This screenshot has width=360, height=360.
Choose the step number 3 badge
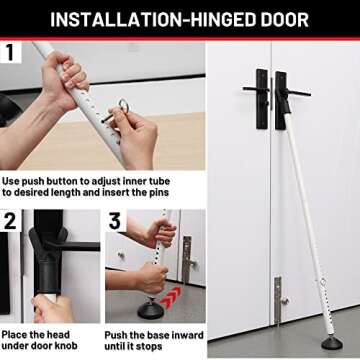116,220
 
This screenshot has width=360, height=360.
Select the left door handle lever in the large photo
252,90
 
